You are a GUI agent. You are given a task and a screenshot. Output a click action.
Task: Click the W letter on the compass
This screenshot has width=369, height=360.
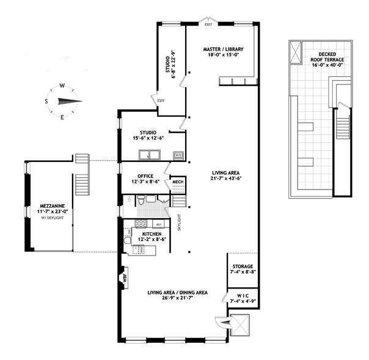coord(62,86)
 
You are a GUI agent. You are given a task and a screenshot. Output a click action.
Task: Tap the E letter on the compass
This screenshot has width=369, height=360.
coord(62,117)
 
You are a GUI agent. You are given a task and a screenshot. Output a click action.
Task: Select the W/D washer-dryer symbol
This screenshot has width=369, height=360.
coord(178,155)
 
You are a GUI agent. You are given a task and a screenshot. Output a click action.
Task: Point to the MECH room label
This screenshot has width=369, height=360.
coord(178,182)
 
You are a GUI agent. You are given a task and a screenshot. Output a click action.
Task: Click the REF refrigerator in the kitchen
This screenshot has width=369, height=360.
coord(159,224)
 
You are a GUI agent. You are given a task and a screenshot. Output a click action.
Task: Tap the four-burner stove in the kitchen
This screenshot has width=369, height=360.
coord(141,224)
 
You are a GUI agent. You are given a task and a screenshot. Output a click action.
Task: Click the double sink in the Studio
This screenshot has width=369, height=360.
coord(150,155)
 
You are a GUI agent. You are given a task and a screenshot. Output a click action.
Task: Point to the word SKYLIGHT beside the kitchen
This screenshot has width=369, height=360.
coord(180,222)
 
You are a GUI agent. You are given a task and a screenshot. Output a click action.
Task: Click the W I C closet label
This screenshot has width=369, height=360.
coord(243,295)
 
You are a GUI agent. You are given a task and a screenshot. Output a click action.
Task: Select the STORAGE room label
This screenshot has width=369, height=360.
coord(243,266)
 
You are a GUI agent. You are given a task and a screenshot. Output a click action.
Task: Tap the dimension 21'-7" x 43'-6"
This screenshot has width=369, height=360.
coord(225,178)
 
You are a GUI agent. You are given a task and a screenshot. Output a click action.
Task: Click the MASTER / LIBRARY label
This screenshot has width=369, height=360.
coord(223,50)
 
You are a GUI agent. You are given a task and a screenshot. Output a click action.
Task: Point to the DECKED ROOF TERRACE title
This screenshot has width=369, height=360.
coord(327,57)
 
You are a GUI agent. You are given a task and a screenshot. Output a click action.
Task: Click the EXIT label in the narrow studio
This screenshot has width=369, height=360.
coord(161,101)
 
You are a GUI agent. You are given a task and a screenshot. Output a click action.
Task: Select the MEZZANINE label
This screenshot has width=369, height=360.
coord(53,206)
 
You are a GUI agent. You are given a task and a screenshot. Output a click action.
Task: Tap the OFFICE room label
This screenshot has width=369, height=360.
coord(145,176)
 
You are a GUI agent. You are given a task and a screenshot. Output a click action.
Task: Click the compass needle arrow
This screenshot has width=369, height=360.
coord(70,101)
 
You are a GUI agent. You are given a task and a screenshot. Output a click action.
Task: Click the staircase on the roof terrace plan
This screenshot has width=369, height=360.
coord(342,127)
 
